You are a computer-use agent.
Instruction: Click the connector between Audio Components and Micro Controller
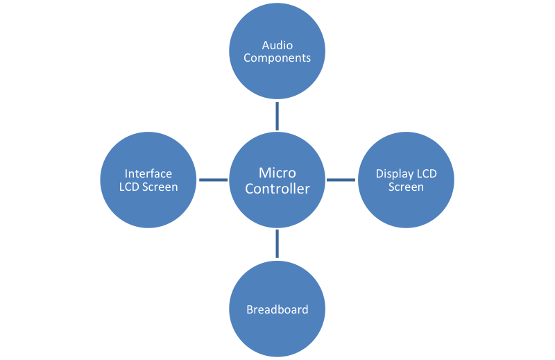(277, 116)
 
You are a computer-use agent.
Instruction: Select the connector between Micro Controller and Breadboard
(277, 244)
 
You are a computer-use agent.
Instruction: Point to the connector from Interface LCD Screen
(213, 180)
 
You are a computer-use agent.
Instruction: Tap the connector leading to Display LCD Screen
(341, 180)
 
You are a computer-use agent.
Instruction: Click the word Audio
(277, 46)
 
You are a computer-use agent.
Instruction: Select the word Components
(277, 58)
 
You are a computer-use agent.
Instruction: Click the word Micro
(277, 173)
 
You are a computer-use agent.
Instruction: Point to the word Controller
(277, 189)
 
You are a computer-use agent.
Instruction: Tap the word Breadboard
(277, 309)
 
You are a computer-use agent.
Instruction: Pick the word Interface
(148, 174)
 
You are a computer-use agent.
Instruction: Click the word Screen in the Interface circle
(161, 187)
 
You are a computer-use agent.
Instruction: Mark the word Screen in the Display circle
(406, 187)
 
